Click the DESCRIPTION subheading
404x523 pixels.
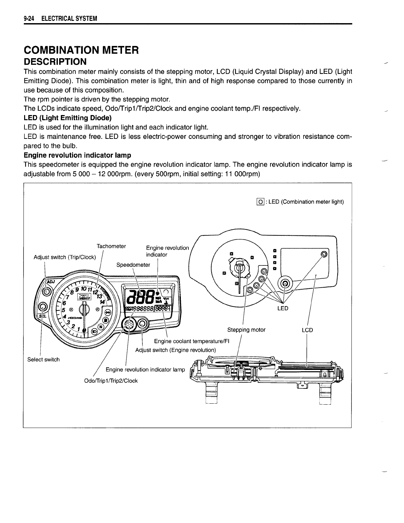pos(55,62)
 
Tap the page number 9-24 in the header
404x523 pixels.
pos(29,19)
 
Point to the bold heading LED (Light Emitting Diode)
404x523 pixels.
pos(68,118)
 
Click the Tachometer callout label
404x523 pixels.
pos(111,246)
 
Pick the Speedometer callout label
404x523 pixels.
pos(133,265)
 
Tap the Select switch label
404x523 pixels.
pos(43,359)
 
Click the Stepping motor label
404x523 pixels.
pos(246,330)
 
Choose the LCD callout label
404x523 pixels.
pos(307,330)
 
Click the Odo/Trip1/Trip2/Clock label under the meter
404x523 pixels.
pos(111,381)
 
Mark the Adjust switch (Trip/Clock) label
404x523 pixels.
pos(65,257)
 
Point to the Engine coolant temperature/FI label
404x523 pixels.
pos(192,341)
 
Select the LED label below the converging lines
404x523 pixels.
pos(283,308)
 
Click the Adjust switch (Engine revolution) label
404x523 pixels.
pos(176,350)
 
